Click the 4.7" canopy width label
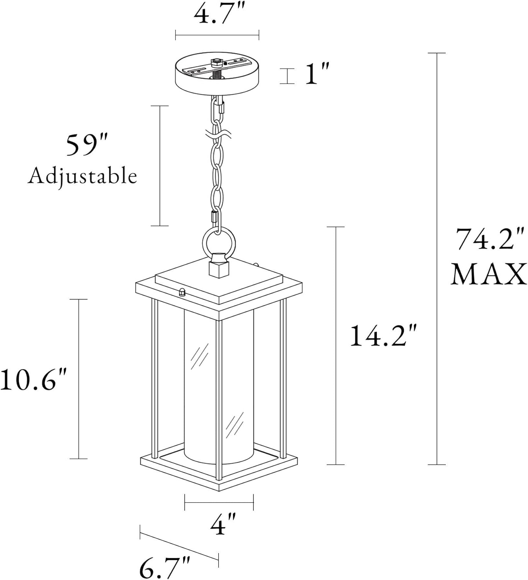[x=217, y=15]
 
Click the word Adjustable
[x=82, y=176]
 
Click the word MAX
[x=489, y=275]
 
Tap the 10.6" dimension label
[x=34, y=379]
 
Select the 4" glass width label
[x=223, y=525]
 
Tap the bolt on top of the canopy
[x=217, y=62]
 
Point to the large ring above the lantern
[x=217, y=244]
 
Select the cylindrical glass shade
[x=219, y=387]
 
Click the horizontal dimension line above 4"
[x=219, y=502]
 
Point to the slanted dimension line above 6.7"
[x=179, y=546]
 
